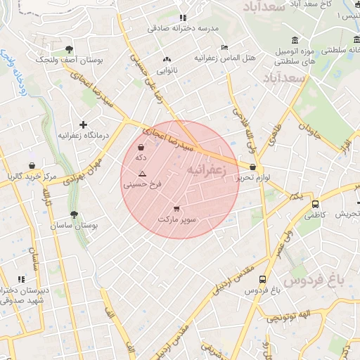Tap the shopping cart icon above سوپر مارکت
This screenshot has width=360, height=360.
(176, 208)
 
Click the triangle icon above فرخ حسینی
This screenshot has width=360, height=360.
(143, 173)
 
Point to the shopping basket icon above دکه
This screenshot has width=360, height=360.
(141, 148)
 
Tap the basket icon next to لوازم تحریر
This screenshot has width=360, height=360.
(252, 167)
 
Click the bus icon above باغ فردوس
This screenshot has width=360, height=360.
(262, 278)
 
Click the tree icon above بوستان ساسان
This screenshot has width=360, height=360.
(74, 215)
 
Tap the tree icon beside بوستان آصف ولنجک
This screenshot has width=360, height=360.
(69, 49)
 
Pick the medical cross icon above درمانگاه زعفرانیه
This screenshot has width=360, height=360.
(83, 124)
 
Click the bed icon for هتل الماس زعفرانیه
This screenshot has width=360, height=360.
(224, 47)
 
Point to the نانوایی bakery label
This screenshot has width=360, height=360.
(167, 70)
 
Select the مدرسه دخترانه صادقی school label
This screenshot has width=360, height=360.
(183, 28)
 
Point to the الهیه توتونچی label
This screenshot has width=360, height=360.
(292, 319)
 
